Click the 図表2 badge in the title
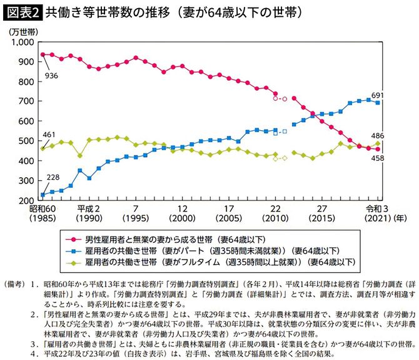(x=21, y=12)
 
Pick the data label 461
(x=50, y=135)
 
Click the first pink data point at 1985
(x=43, y=54)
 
